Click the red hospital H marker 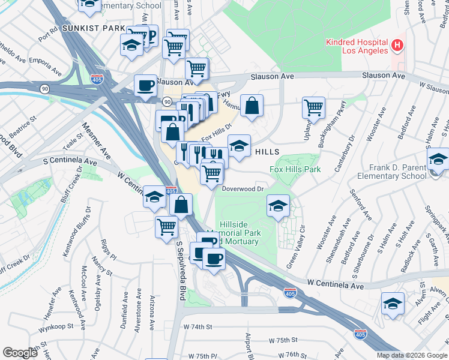(397, 44)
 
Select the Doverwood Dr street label (243, 188)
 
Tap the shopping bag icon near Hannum (253, 106)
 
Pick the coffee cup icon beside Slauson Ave (145, 86)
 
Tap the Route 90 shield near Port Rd (44, 89)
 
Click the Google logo (19, 352)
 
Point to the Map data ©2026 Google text (412, 355)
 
